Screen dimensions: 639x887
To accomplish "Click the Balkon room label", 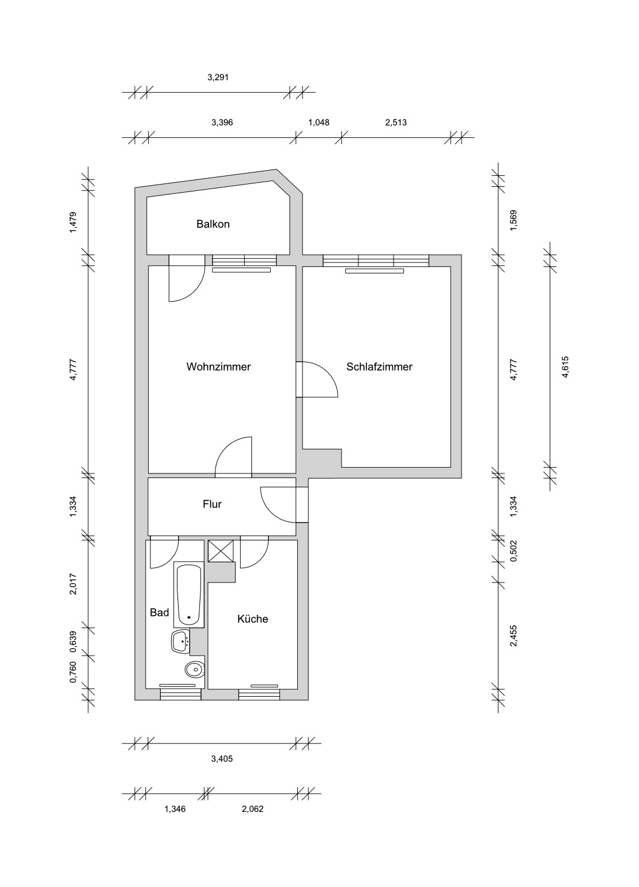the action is [213, 224].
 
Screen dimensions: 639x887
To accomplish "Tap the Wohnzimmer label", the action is [218, 367].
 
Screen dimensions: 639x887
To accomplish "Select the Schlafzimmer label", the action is [379, 367].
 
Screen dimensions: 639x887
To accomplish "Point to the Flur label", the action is [212, 504].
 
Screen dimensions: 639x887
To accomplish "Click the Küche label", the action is [252, 619].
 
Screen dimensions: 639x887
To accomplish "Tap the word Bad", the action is [159, 612].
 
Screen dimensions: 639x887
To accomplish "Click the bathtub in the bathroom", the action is [189, 594].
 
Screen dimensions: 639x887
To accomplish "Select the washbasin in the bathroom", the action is [182, 641].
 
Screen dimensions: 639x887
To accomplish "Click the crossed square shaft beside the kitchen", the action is [220, 551].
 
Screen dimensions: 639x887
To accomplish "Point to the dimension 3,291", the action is [218, 78].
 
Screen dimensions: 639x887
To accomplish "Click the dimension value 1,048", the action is [319, 122].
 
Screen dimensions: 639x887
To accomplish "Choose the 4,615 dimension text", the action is [565, 367].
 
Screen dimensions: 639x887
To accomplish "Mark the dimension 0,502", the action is [514, 551].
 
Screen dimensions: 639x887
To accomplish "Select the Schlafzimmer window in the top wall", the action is [376, 261].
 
